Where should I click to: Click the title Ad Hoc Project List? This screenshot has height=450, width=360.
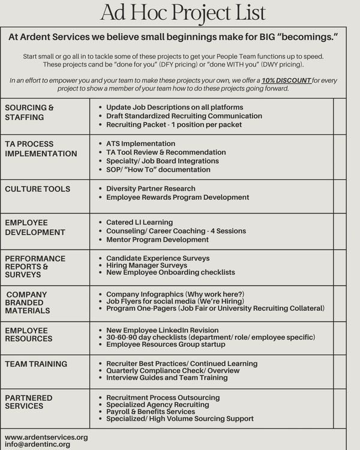tap(182, 12)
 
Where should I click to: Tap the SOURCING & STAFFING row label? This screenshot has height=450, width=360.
tap(29, 112)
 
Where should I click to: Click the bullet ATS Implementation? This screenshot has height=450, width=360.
tap(140, 144)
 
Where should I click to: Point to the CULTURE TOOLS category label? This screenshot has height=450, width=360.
tap(37, 189)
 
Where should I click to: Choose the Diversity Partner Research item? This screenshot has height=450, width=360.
tap(151, 188)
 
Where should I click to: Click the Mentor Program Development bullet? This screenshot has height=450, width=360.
tap(157, 239)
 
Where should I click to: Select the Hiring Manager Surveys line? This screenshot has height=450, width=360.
tap(146, 265)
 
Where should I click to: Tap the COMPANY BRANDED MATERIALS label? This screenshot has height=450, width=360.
tap(28, 302)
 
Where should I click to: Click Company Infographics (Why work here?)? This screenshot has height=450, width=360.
tap(175, 294)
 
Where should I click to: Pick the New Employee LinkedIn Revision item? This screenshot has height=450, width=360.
tap(162, 330)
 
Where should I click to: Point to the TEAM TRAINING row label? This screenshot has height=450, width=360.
tap(36, 364)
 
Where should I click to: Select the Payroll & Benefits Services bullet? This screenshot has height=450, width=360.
tap(150, 412)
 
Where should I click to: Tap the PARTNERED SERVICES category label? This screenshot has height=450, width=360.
tap(28, 402)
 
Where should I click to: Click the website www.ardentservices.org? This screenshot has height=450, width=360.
tap(46, 437)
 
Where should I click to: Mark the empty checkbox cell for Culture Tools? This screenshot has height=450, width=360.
tap(340, 196)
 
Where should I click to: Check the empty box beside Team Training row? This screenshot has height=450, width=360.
tap(340, 371)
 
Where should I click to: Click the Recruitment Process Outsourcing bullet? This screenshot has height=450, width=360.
tap(163, 398)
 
